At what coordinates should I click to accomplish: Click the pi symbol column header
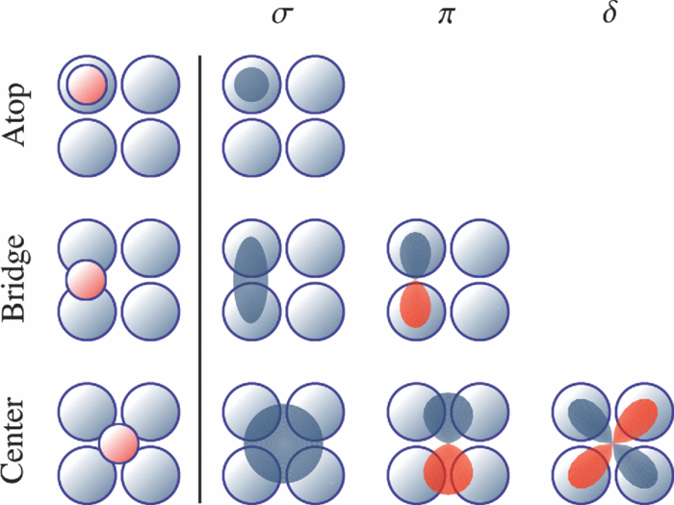tap(446, 19)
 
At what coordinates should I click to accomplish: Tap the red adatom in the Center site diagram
tap(119, 443)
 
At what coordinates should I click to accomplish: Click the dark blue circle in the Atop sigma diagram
tap(251, 85)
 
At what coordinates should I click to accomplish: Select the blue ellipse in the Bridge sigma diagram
tap(250, 279)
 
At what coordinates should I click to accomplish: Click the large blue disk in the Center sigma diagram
tap(283, 443)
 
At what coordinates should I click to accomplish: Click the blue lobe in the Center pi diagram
tap(447, 417)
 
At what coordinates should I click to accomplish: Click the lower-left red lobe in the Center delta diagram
tap(585, 467)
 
